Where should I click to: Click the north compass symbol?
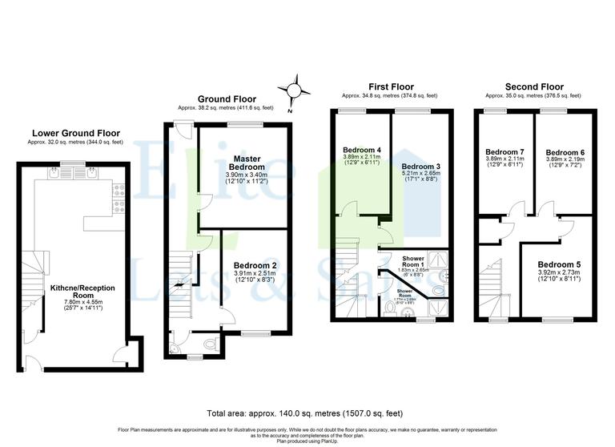coord(295,90)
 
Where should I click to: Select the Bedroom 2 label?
coord(255,265)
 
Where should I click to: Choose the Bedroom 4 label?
coord(361,150)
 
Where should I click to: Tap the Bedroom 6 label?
coord(565,152)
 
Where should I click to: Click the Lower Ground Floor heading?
coord(75,133)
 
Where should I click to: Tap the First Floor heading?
coord(390,86)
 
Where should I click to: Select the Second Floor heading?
coord(534,86)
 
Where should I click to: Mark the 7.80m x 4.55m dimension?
coord(78,303)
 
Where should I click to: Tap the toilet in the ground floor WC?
coord(210,343)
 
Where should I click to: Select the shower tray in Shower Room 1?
coord(438,261)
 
